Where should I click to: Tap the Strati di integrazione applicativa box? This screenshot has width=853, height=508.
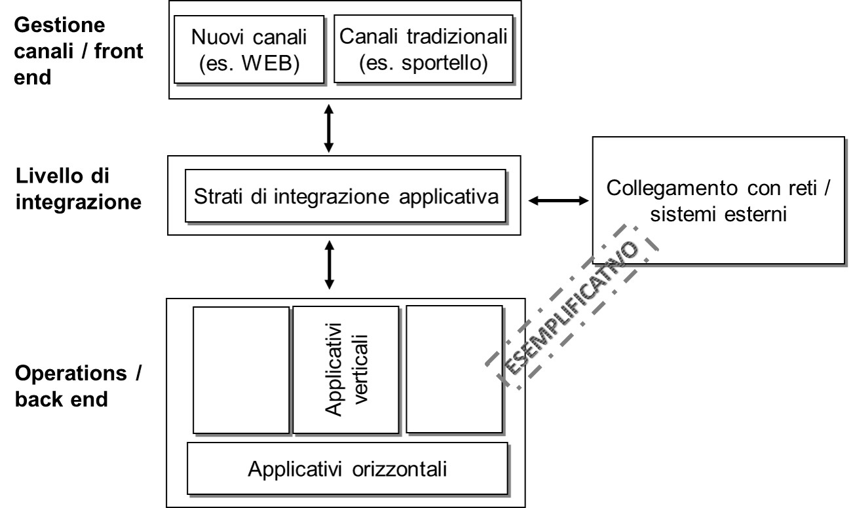346,196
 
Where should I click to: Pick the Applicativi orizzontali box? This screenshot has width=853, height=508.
347,469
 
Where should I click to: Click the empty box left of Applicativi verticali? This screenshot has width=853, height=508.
241,371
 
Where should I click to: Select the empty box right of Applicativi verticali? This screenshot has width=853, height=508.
454,369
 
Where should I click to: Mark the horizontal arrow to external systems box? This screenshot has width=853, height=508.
558,201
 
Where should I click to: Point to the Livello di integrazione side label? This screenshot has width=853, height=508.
77,189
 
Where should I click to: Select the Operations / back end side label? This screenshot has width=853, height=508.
77,388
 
